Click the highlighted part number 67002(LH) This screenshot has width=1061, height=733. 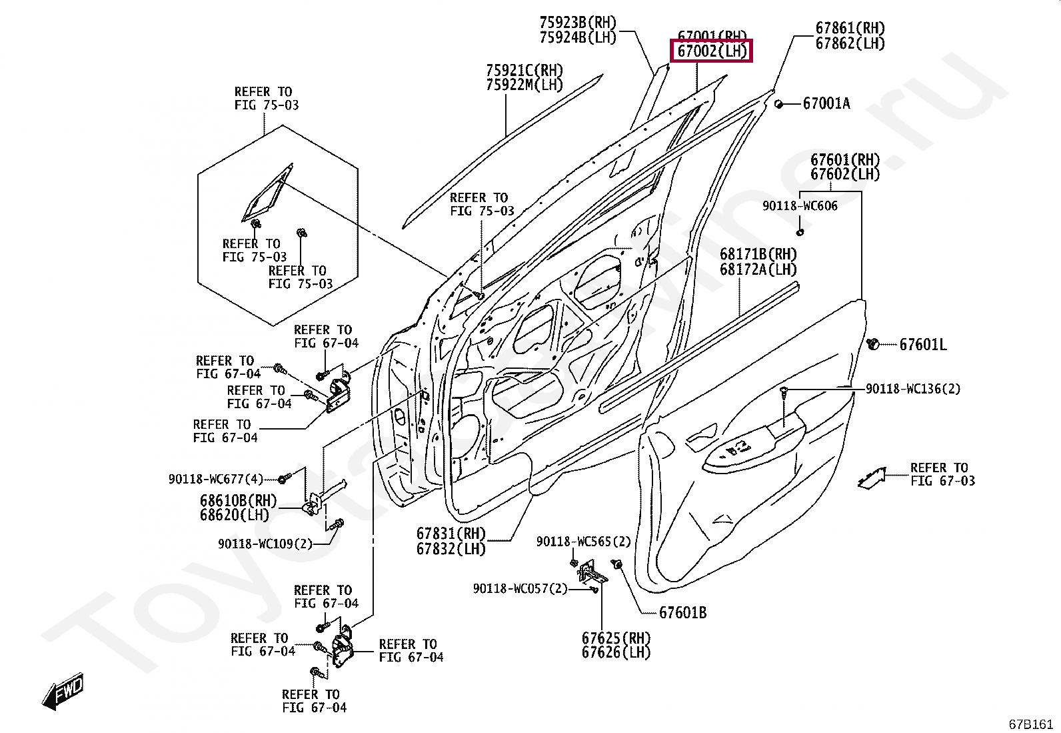(x=712, y=51)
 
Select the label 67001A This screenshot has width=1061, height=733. (x=826, y=103)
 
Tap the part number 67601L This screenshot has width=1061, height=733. (x=923, y=345)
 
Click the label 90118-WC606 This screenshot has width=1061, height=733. (x=800, y=206)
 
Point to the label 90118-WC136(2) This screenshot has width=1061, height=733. (x=913, y=389)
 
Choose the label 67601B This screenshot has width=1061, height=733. (x=682, y=612)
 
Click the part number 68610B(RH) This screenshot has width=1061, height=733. (x=238, y=501)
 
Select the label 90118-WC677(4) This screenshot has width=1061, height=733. (x=216, y=479)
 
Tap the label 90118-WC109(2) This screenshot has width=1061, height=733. (x=265, y=544)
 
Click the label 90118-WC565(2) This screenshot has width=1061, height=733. (x=583, y=542)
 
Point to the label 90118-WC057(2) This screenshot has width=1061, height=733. (x=520, y=588)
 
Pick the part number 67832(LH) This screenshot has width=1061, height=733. (x=451, y=549)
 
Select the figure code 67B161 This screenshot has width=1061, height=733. (x=1030, y=724)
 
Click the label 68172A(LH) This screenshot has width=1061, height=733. (x=758, y=269)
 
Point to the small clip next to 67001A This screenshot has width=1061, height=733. (x=778, y=104)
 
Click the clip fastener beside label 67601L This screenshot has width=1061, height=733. (x=872, y=344)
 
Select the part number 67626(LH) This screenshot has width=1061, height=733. (x=616, y=652)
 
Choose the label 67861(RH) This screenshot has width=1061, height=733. (x=850, y=29)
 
